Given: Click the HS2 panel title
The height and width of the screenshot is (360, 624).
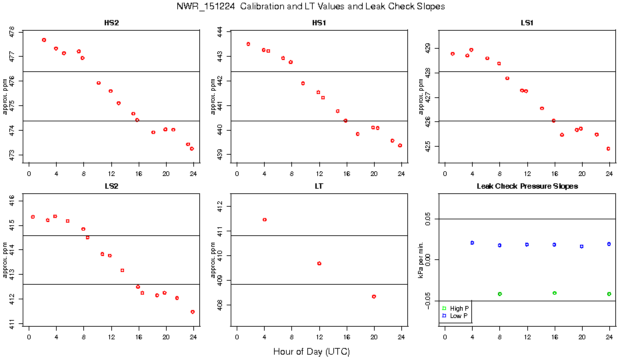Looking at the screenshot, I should (x=112, y=23).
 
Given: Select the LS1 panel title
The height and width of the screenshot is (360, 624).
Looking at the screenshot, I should (x=527, y=23).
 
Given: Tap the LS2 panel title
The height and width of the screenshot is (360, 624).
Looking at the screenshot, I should (x=112, y=186).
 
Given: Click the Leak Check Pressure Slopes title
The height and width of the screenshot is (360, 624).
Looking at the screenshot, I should (x=527, y=186).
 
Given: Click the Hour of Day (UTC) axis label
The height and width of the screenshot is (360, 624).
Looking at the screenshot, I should (x=311, y=351).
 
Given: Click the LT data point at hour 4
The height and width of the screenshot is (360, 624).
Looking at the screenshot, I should (x=265, y=219).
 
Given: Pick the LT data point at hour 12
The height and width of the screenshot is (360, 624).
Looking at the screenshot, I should (x=319, y=263).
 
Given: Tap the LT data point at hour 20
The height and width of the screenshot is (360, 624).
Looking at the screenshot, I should (x=374, y=297).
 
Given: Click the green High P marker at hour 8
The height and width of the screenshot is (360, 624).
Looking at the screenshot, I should (x=499, y=294).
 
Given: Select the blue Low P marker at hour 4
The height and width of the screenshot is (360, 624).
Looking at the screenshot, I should (x=472, y=243).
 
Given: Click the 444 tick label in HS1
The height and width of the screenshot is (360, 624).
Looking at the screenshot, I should (x=219, y=31).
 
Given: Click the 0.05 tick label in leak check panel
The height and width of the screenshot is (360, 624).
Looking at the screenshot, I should (x=427, y=219).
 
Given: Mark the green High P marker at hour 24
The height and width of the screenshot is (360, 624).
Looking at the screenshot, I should (x=609, y=294).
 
